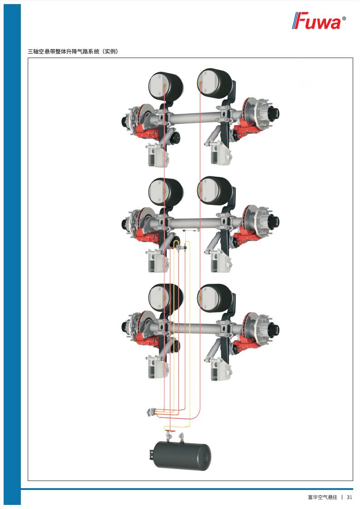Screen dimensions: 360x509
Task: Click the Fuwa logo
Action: [319, 21]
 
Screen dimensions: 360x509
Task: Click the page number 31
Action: [349, 497]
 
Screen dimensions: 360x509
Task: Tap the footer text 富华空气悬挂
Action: [322, 497]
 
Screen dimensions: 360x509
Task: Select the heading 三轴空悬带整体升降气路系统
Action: [63, 51]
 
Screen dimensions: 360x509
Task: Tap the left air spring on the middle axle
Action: [165, 192]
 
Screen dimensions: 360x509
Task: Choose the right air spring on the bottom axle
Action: [214, 298]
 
